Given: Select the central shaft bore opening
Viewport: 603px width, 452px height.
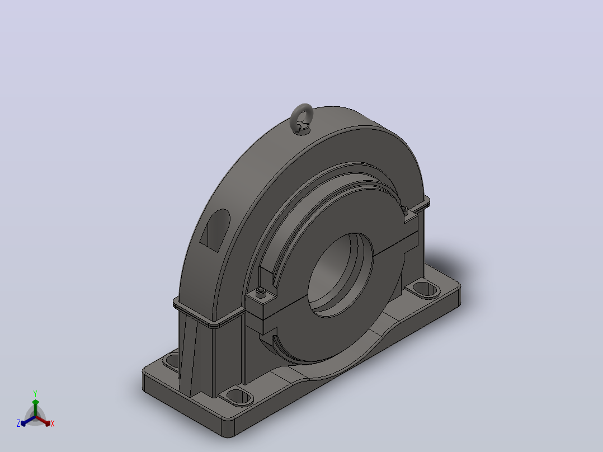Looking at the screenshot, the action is (341, 275).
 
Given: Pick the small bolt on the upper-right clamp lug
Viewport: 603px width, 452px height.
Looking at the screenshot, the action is (405, 209).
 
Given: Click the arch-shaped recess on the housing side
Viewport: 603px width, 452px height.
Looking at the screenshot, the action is (216, 230).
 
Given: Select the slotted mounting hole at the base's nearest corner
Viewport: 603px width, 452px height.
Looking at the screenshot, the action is (239, 396).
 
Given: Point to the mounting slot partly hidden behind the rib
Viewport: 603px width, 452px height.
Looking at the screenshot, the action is (172, 361).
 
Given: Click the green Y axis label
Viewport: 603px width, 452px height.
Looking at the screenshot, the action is (35, 393).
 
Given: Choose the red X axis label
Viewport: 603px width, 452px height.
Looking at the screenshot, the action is (53, 423).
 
